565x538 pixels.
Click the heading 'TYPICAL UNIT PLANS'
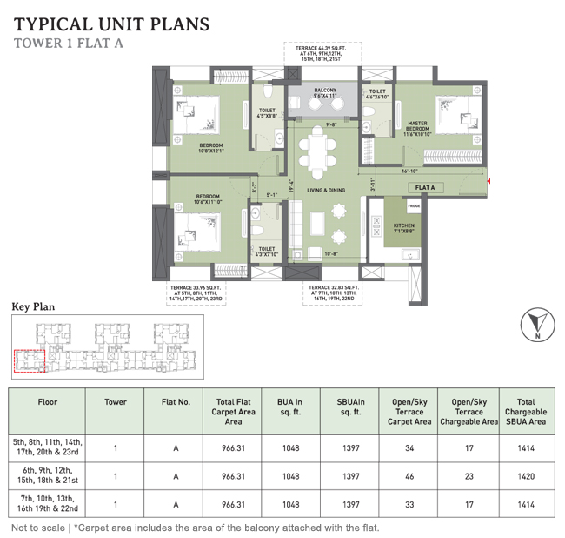[112, 24]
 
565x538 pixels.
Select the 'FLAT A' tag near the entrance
[426, 187]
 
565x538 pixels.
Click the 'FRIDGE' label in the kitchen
[413, 205]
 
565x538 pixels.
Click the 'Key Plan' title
[32, 306]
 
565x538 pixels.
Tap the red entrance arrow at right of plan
[491, 181]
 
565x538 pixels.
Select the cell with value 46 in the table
[409, 476]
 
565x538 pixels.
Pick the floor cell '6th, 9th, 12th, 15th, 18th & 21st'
[47, 476]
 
